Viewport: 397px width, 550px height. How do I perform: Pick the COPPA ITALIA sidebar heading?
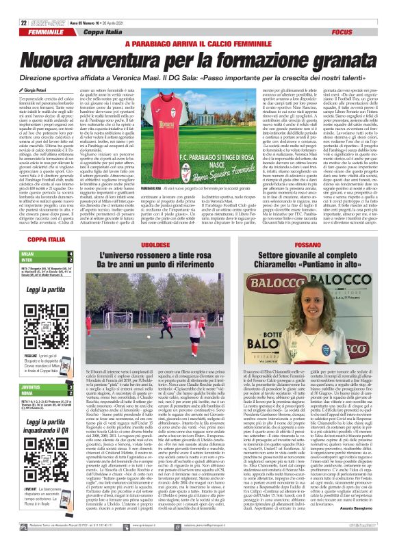[x=34, y=241]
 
